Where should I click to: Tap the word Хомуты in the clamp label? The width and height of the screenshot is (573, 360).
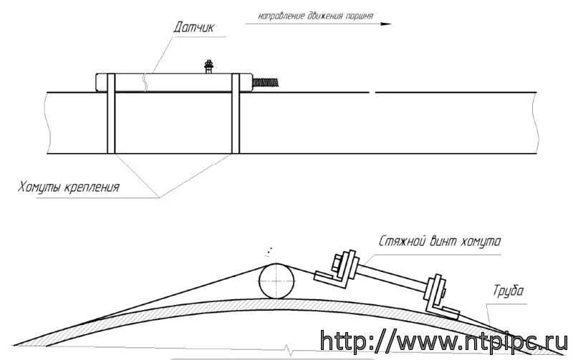(39, 188)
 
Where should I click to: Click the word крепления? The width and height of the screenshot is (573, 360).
(91, 188)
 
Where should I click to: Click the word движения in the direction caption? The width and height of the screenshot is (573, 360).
(318, 15)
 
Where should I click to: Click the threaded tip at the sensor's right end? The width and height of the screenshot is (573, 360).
(266, 83)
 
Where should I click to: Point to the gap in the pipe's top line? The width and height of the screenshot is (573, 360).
(372, 92)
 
